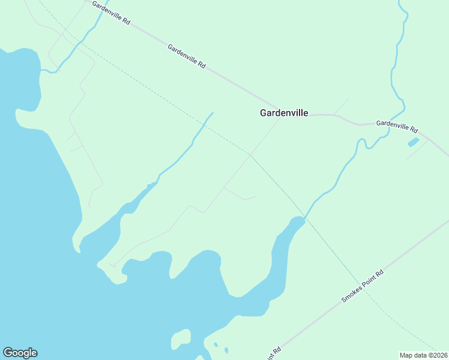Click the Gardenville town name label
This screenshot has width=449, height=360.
[284, 112]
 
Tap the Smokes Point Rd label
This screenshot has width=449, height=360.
[362, 286]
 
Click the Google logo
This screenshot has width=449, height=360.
[20, 353]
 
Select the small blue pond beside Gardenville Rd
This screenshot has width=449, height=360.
[413, 142]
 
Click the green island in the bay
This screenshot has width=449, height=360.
[181, 339]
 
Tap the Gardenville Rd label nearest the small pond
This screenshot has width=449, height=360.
[397, 126]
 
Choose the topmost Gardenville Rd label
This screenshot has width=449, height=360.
[111, 11]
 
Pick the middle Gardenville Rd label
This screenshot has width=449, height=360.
[187, 56]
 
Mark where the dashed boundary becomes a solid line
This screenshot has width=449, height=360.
[251, 155]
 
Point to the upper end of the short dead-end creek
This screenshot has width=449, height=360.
[212, 113]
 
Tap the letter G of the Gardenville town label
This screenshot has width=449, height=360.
[263, 112]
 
